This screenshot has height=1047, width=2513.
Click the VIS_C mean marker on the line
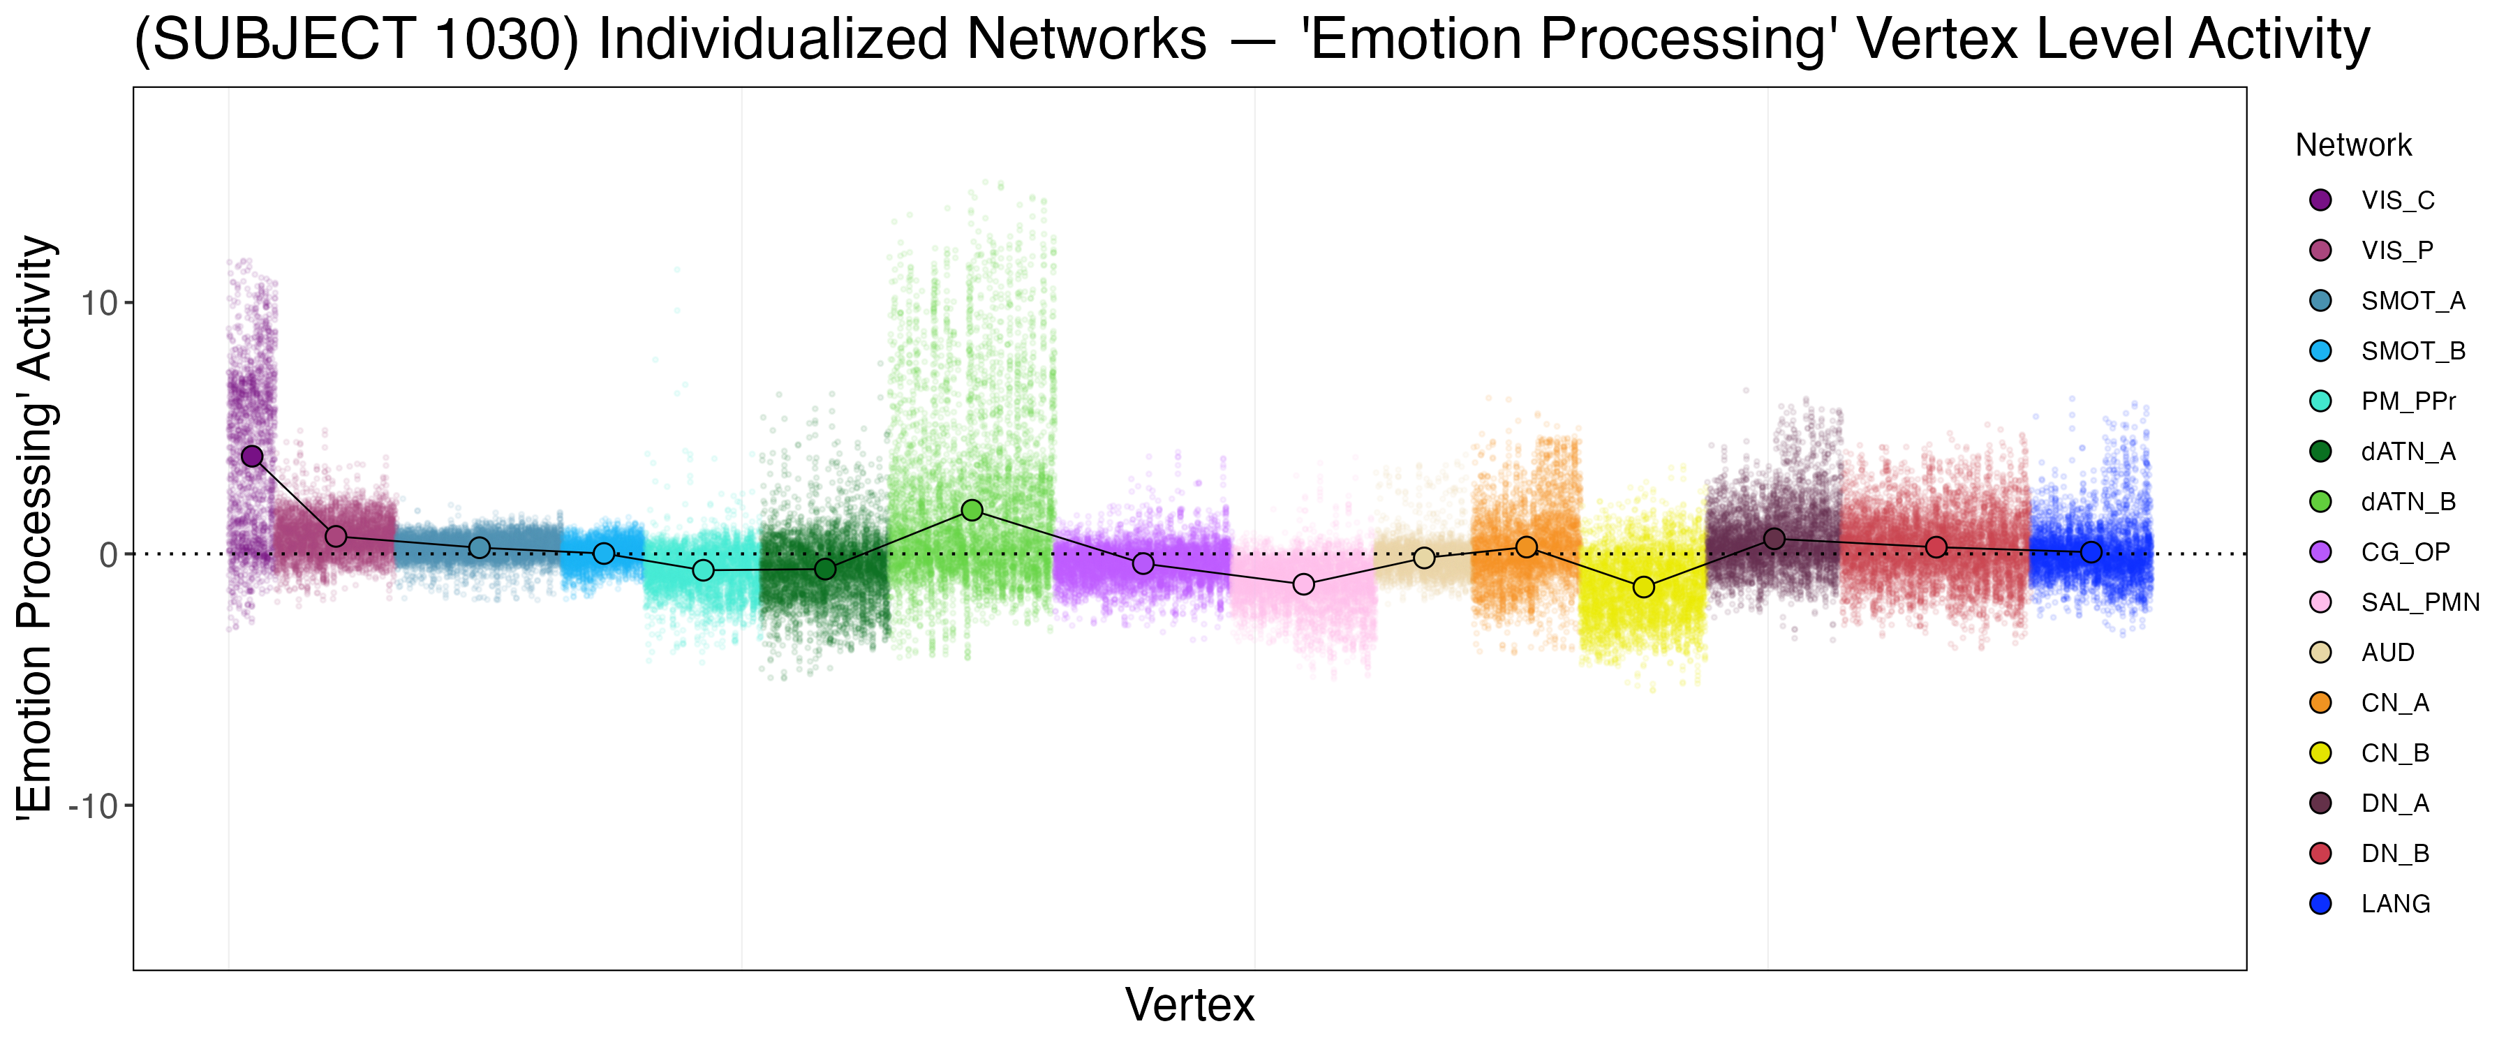pos(253,456)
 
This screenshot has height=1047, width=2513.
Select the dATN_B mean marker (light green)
pos(972,510)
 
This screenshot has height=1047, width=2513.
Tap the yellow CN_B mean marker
pos(1644,588)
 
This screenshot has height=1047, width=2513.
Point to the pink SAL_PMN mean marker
pos(1303,584)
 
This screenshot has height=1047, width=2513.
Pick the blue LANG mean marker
pos(2091,552)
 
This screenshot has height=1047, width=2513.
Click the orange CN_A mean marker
pos(1527,547)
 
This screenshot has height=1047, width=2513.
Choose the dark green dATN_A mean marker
pos(825,569)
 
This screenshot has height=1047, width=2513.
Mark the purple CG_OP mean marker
pos(1143,564)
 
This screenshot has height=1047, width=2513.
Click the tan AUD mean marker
pos(1424,558)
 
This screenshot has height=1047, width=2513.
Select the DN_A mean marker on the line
pos(1774,540)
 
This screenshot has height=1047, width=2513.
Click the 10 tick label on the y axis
pos(98,304)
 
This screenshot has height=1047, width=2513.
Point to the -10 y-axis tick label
pos(93,807)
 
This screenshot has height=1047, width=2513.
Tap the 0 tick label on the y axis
pos(108,555)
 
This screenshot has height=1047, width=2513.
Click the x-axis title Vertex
pos(1189,1005)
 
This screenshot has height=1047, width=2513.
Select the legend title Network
pos(2353,145)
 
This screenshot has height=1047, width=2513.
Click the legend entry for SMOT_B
pos(2412,351)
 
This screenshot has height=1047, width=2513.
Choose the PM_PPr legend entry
pos(2408,401)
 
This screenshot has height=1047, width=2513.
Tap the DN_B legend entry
pos(2395,854)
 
